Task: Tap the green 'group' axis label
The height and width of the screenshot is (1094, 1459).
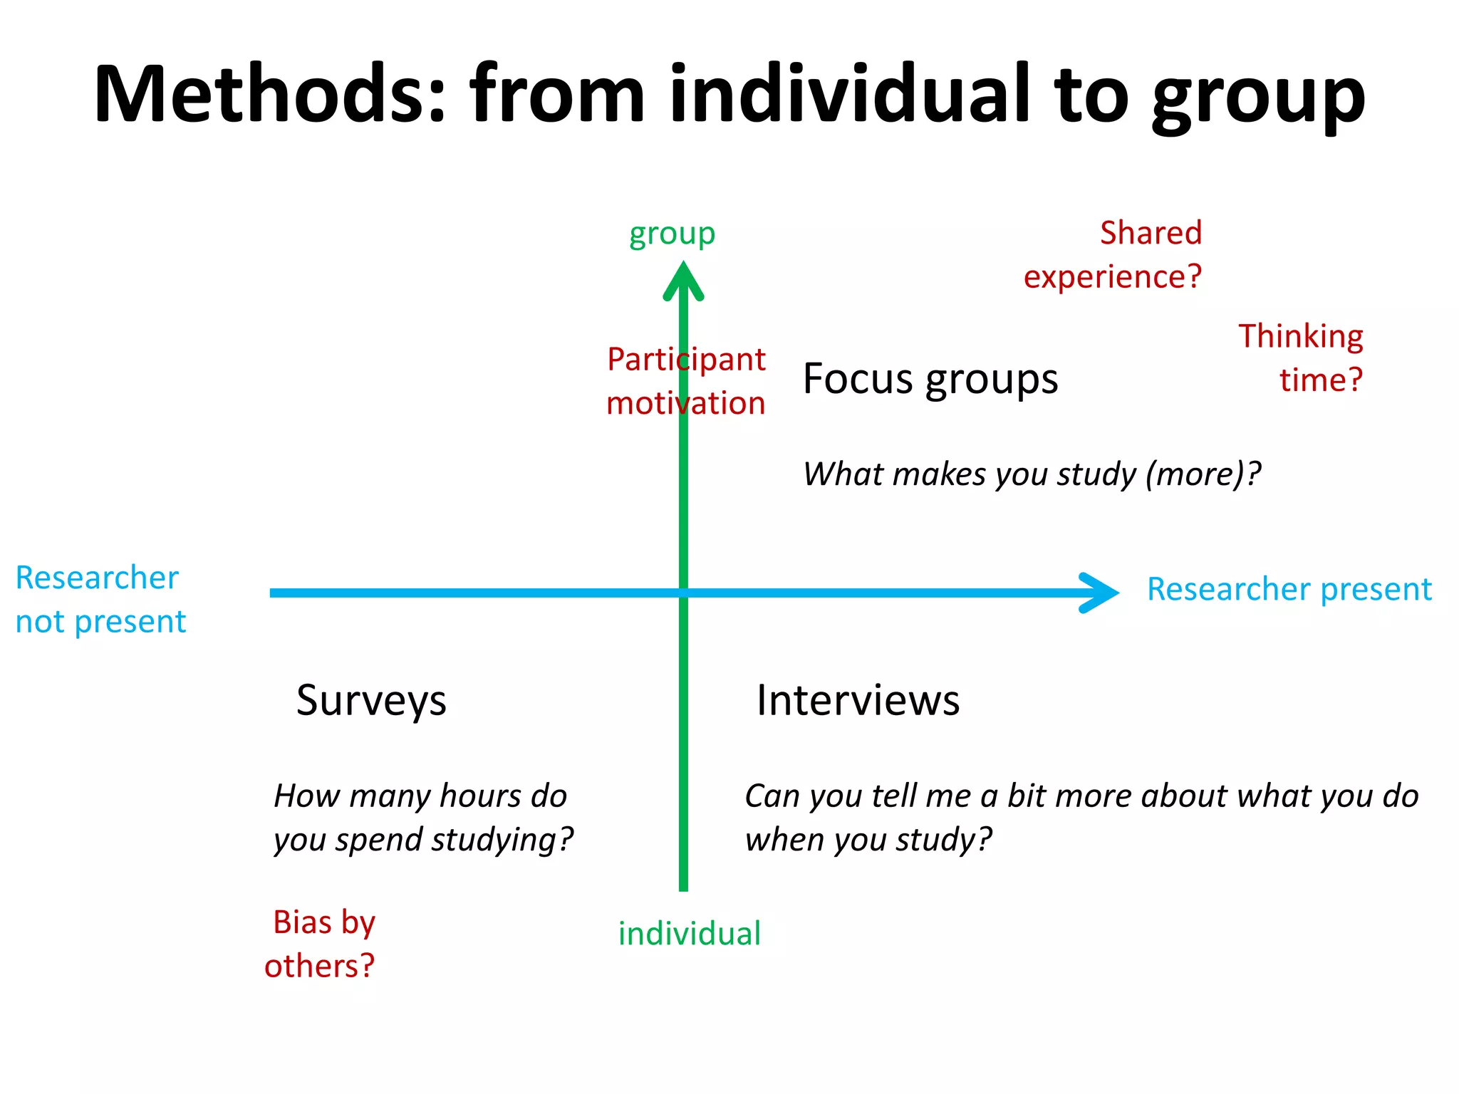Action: (672, 234)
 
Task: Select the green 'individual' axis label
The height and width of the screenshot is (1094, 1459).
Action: (689, 934)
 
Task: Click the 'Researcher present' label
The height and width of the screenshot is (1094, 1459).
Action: (1289, 590)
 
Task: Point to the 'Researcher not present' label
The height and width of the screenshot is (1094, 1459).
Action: (100, 600)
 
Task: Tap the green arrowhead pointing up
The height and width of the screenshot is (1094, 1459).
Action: (683, 282)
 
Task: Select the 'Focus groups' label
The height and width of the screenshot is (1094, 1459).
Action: (930, 379)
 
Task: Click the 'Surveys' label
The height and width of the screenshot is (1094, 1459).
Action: (371, 701)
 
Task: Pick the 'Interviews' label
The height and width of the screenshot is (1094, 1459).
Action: (858, 700)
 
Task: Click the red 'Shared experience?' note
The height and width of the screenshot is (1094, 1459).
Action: (1113, 255)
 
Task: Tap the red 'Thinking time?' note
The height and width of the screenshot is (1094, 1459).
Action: (1302, 358)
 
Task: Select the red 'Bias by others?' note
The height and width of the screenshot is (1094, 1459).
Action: (321, 944)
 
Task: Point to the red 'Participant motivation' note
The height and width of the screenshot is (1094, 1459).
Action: (685, 381)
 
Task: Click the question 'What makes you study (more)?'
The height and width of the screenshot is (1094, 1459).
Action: (1032, 474)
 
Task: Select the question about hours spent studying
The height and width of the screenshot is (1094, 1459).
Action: (423, 818)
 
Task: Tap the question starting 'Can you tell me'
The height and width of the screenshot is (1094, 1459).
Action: (1081, 818)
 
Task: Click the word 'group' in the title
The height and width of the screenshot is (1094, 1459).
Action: (1258, 96)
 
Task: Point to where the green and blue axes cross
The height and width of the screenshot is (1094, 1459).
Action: (683, 593)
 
